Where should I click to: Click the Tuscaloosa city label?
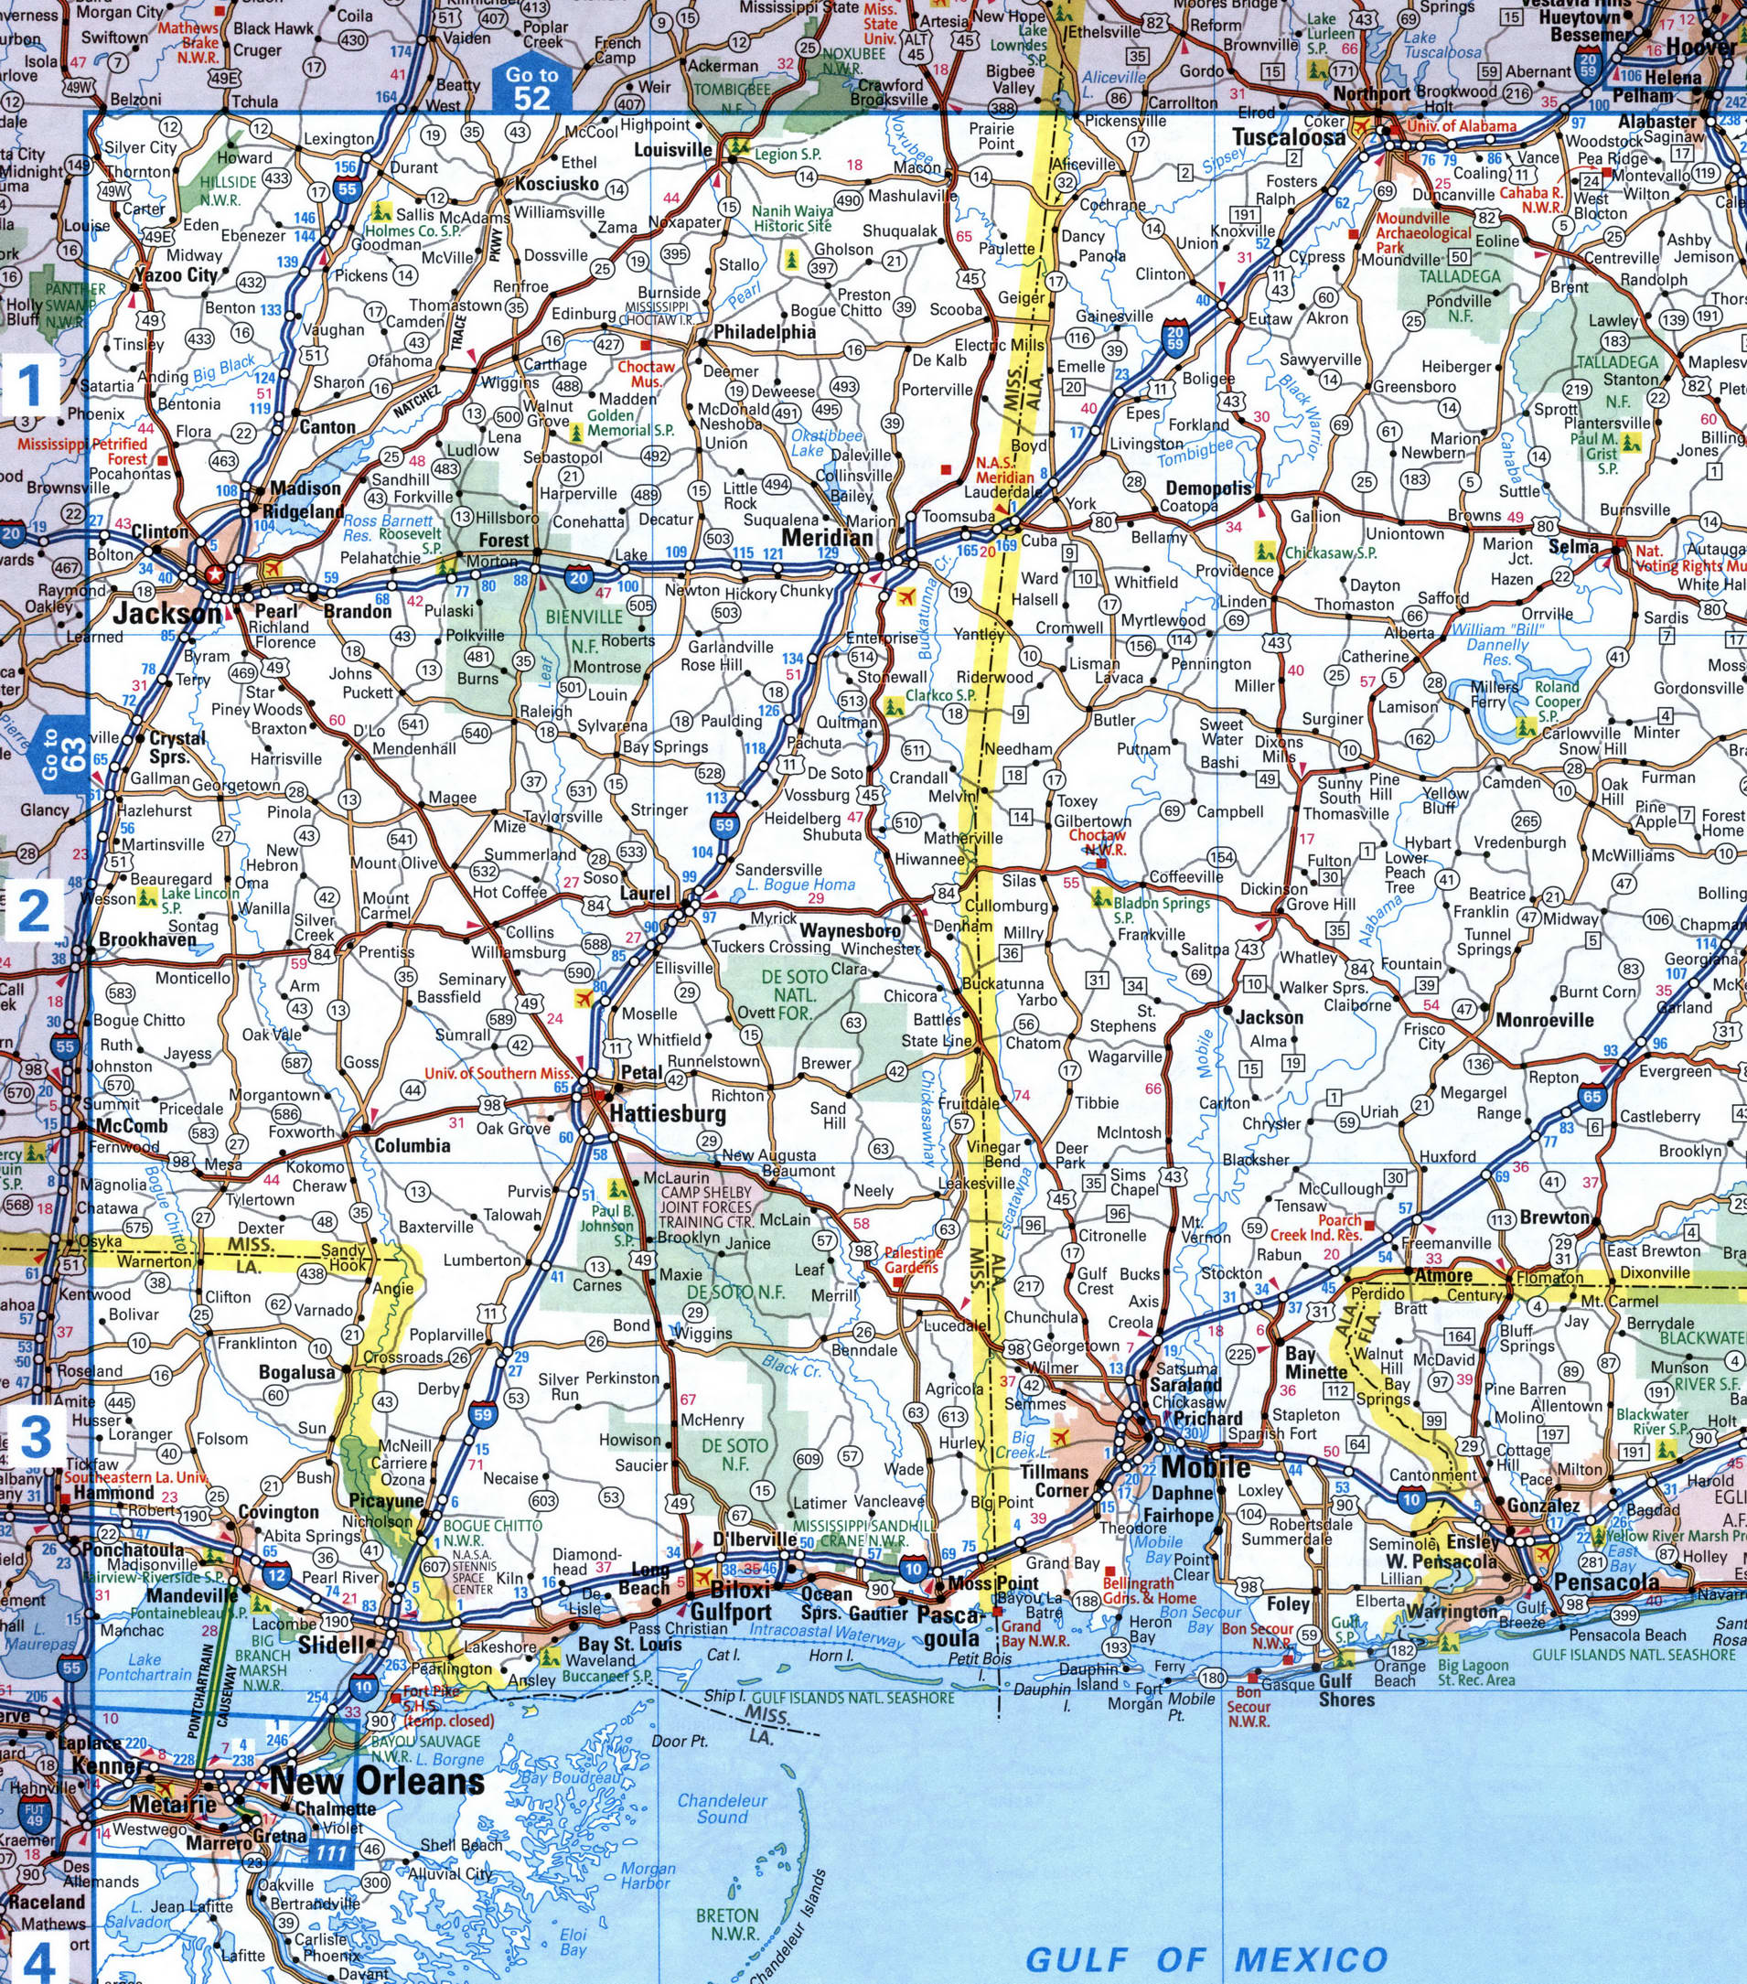(1289, 137)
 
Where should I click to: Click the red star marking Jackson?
(216, 575)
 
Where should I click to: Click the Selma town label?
(1573, 546)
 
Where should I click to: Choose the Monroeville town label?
(1545, 1019)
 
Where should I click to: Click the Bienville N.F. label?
(584, 631)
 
